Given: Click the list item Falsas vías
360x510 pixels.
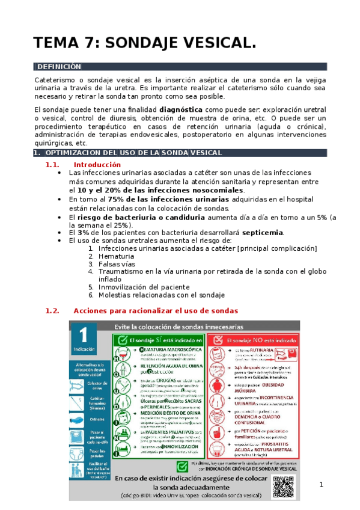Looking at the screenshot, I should pyautogui.click(x=120, y=263).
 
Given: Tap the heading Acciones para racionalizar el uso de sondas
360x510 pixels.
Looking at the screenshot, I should pyautogui.click(x=155, y=311).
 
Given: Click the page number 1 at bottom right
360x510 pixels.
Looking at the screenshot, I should pyautogui.click(x=322, y=485).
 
